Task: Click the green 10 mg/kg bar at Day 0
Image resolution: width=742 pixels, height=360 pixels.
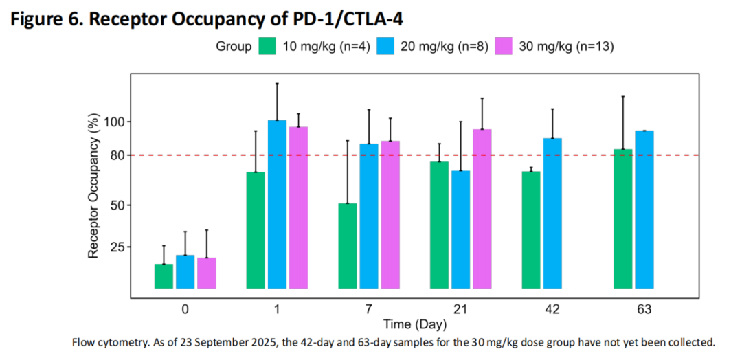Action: (x=164, y=276)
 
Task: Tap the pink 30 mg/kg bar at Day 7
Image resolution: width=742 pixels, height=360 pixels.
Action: (x=390, y=214)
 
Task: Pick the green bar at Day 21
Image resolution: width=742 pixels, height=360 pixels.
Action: (x=439, y=225)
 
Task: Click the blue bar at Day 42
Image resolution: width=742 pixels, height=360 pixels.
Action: (x=552, y=213)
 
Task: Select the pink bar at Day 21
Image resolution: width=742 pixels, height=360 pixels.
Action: (x=482, y=209)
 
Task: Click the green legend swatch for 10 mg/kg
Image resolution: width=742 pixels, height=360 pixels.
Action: (x=267, y=47)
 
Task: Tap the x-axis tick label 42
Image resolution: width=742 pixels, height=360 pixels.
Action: (x=552, y=310)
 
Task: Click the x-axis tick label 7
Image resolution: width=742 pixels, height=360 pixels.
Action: (x=369, y=310)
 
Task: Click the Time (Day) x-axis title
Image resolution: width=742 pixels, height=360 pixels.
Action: (x=414, y=324)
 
